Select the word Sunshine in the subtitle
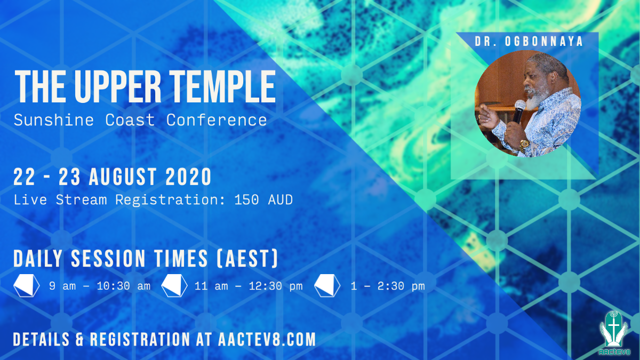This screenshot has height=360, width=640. point(47,119)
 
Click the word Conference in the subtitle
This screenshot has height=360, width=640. point(217,119)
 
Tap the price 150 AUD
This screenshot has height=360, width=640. point(263,200)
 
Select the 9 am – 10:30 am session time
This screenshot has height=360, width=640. point(100,286)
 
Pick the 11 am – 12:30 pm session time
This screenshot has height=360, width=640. point(249,286)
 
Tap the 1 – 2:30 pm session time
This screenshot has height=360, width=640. point(388,286)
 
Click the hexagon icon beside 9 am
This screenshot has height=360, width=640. point(27,286)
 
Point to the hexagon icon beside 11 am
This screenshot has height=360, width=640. point(174,286)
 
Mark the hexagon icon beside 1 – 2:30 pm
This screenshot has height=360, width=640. point(327,286)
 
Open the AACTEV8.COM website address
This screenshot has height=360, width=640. point(267,339)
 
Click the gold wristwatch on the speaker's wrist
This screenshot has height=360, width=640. point(525,143)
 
